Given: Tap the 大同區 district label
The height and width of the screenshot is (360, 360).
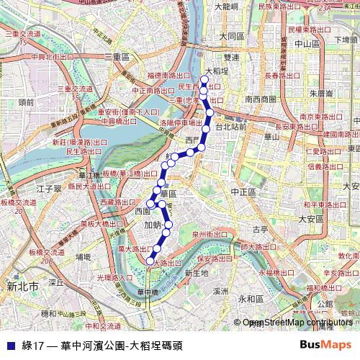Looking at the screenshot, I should (233, 35).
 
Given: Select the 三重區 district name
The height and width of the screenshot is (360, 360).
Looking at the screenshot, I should (116, 56).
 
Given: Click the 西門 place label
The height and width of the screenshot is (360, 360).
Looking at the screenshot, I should (190, 139).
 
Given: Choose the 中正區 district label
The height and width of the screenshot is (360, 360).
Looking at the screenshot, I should (244, 192).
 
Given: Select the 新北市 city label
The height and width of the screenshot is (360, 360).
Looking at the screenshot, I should (22, 287).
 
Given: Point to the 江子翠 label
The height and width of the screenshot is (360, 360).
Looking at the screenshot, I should (51, 189).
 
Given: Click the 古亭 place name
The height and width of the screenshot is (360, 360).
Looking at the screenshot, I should (260, 230).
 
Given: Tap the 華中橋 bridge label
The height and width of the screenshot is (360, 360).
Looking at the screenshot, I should (147, 292).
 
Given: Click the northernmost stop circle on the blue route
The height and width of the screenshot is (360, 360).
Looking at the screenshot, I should (204, 80).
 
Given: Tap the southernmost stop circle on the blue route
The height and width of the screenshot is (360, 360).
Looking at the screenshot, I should (150, 260).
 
